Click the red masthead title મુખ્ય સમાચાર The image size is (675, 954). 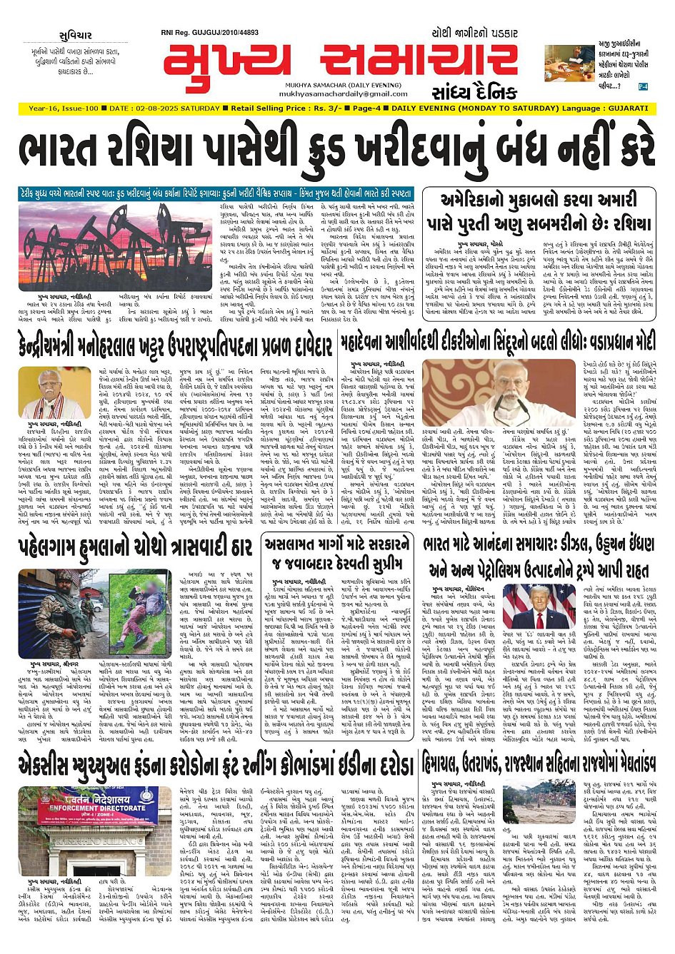339,60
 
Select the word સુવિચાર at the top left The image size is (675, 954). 76,36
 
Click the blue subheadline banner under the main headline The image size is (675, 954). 216,193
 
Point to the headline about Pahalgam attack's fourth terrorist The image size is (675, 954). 136,548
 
